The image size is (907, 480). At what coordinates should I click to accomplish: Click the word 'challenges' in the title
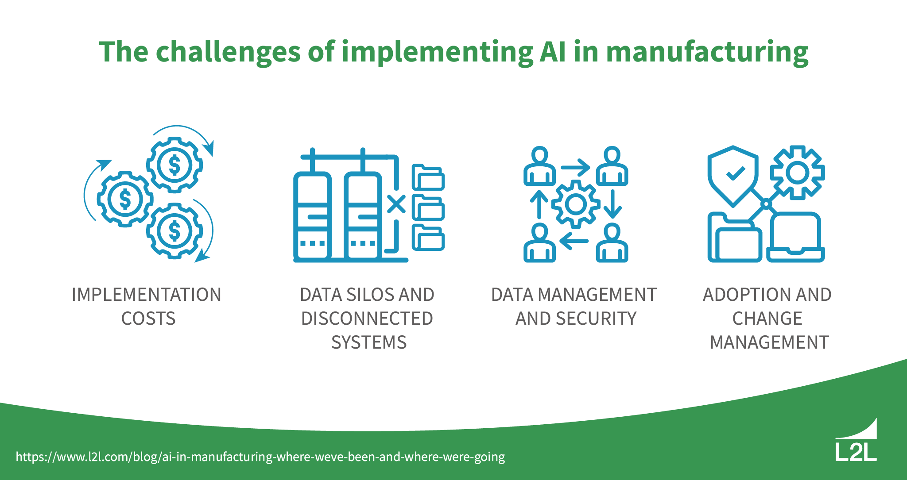pyautogui.click(x=228, y=52)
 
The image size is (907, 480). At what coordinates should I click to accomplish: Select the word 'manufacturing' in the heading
pyautogui.click(x=707, y=52)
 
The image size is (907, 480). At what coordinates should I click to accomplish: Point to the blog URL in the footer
pyautogui.click(x=260, y=457)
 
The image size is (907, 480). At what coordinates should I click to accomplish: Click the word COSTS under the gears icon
pyautogui.click(x=148, y=319)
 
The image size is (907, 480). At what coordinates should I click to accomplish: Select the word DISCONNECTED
pyautogui.click(x=367, y=319)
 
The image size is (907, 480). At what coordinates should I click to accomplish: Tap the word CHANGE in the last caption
pyautogui.click(x=767, y=319)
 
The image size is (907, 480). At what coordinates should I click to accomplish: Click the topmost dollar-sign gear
pyautogui.click(x=174, y=165)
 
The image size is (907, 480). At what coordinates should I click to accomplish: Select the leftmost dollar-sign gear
pyautogui.click(x=125, y=199)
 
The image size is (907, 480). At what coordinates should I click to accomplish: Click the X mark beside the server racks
pyautogui.click(x=396, y=204)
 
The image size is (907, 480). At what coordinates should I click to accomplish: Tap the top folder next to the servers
pyautogui.click(x=428, y=178)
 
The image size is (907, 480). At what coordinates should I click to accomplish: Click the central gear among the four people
pyautogui.click(x=576, y=204)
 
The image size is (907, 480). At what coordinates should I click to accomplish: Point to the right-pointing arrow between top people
pyautogui.click(x=575, y=168)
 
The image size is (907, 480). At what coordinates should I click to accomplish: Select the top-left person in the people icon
pyautogui.click(x=539, y=166)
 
